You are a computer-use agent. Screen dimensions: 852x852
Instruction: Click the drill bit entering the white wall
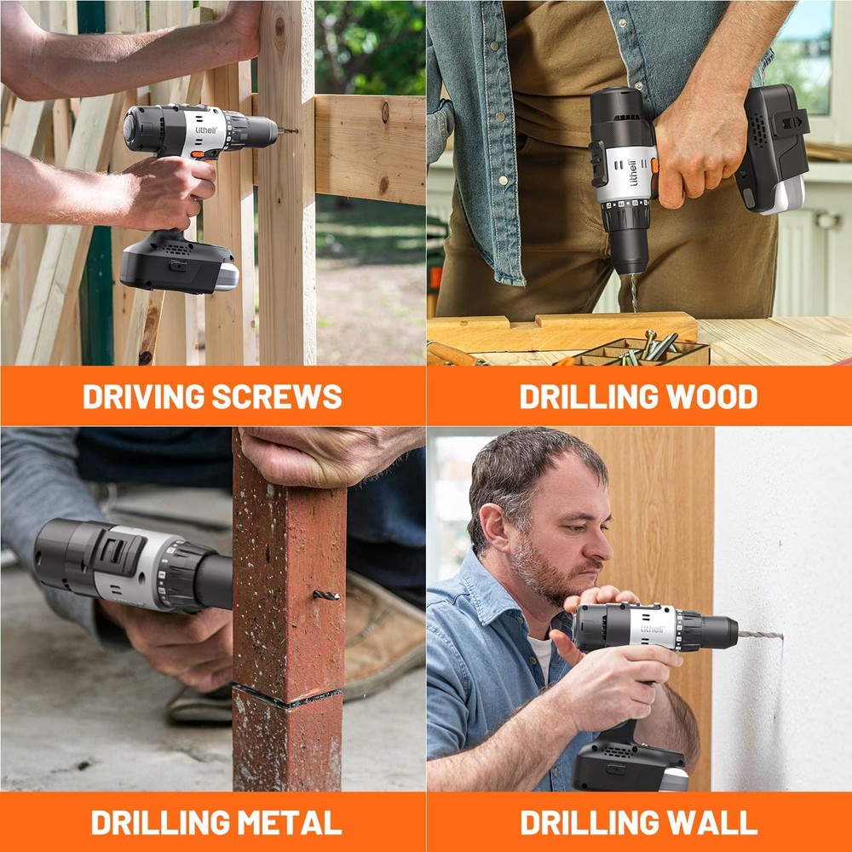click(x=760, y=635)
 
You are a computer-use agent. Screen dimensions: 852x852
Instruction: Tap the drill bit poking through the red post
click(x=326, y=595)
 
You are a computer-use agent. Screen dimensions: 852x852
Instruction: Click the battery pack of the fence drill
click(x=177, y=266)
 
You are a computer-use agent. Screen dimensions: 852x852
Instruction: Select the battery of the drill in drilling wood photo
click(x=771, y=149)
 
